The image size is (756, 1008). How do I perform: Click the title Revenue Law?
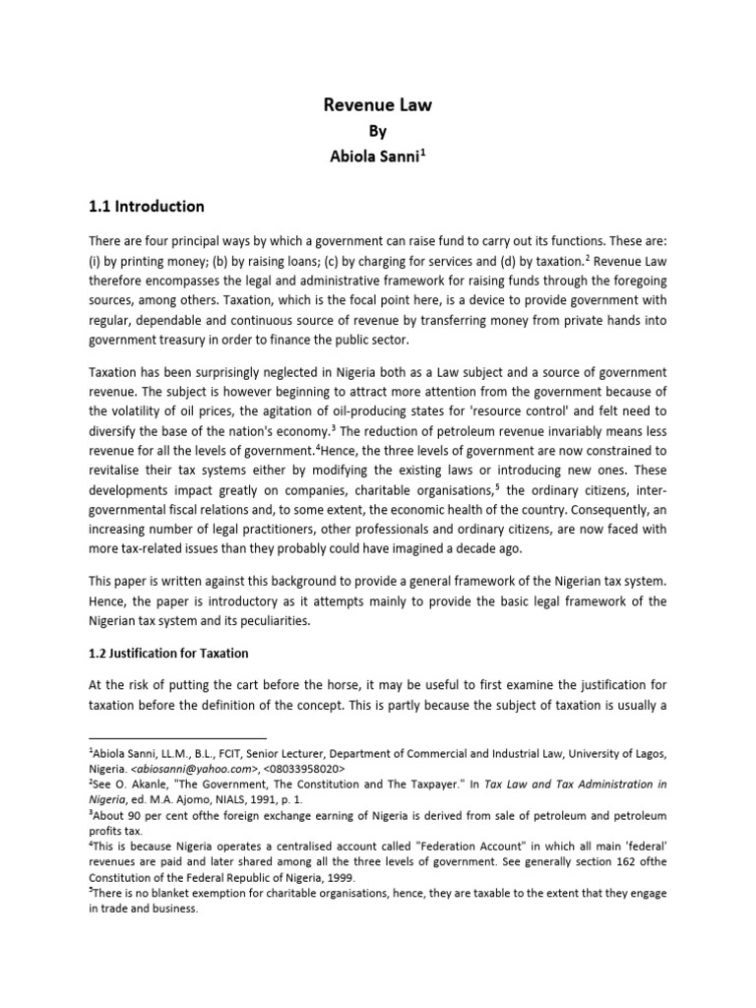(377, 106)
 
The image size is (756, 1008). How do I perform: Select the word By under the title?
(377, 131)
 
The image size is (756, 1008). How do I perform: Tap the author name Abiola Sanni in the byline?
(374, 156)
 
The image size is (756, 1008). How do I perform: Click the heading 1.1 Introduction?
(147, 207)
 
